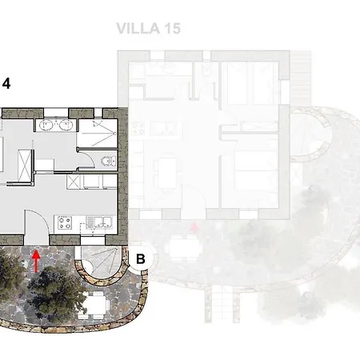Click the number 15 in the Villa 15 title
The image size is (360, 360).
click(173, 29)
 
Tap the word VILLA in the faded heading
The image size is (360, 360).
click(138, 29)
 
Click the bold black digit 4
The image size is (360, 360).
click(6, 84)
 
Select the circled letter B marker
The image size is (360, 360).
click(141, 258)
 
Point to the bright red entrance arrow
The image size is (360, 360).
click(36, 262)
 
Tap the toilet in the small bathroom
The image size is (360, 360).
click(108, 161)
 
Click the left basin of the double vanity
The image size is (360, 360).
click(45, 125)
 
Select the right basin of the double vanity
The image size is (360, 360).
click(65, 125)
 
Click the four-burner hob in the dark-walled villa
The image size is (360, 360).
click(65, 223)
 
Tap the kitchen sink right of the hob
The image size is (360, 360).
click(99, 222)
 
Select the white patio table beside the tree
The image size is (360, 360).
click(95, 305)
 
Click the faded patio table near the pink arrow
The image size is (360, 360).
click(182, 248)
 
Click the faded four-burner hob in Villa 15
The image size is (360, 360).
click(138, 129)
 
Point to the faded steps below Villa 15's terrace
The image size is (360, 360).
click(222, 304)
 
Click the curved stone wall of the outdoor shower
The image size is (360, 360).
click(102, 281)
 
